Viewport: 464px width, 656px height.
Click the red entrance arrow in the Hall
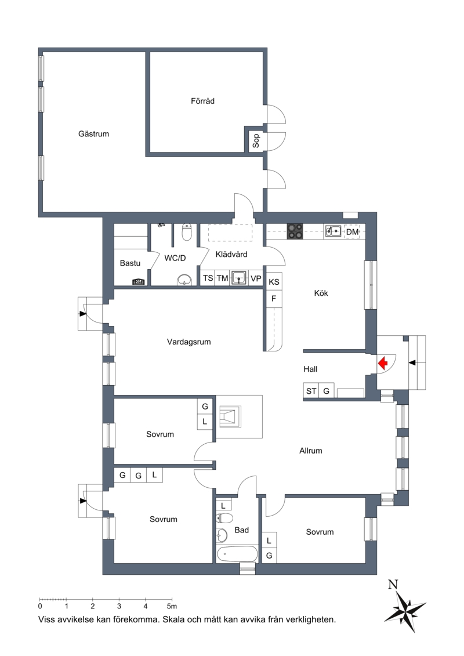coord(383,363)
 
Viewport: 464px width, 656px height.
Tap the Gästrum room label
coord(94,134)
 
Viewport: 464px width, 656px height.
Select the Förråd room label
coord(202,101)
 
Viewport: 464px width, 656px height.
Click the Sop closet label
coord(256,140)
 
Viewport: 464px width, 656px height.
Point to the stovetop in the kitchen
coord(295,231)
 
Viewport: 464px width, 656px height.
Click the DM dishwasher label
coord(352,232)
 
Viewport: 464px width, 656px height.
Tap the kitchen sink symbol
coord(333,231)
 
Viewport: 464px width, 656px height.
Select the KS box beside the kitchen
coord(274,282)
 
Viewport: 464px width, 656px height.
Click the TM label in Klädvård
coord(222,278)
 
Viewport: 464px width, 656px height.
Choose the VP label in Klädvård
coord(256,278)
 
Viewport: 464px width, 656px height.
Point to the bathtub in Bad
coord(237,554)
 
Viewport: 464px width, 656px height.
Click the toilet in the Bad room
coord(224,519)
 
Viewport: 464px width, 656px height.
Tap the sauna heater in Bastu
coord(139,282)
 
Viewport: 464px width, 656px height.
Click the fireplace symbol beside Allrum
coord(230,416)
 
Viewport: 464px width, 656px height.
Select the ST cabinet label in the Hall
coord(311,391)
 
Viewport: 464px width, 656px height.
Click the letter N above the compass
coord(393,585)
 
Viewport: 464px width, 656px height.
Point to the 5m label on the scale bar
coord(172,606)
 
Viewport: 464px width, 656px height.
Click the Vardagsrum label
coord(188,342)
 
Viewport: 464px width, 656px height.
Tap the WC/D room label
coord(175,258)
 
